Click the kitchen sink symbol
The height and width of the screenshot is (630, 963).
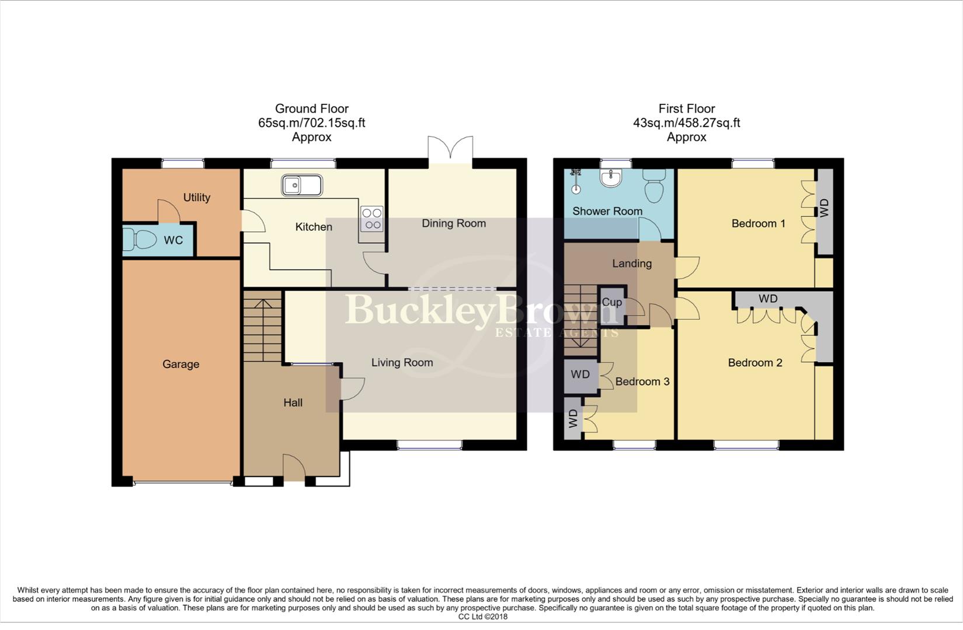click(301, 185)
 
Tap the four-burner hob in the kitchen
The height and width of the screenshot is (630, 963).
click(372, 219)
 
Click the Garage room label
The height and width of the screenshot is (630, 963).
click(180, 365)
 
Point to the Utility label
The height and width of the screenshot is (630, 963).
click(197, 198)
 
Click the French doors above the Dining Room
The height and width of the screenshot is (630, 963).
click(450, 151)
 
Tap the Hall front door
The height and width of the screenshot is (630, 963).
click(294, 468)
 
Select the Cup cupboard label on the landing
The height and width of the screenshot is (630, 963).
click(611, 302)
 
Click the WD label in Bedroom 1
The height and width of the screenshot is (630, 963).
click(824, 208)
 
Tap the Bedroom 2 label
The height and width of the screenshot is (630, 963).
click(755, 363)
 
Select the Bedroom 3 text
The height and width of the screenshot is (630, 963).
click(642, 381)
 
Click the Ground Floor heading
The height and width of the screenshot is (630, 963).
click(312, 108)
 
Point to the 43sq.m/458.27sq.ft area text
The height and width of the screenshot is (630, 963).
click(686, 123)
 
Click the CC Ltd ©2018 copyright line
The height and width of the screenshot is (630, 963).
click(482, 617)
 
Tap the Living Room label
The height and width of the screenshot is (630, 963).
click(402, 363)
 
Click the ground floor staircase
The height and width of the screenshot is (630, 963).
click(262, 327)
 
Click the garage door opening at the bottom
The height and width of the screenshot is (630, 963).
click(182, 483)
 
